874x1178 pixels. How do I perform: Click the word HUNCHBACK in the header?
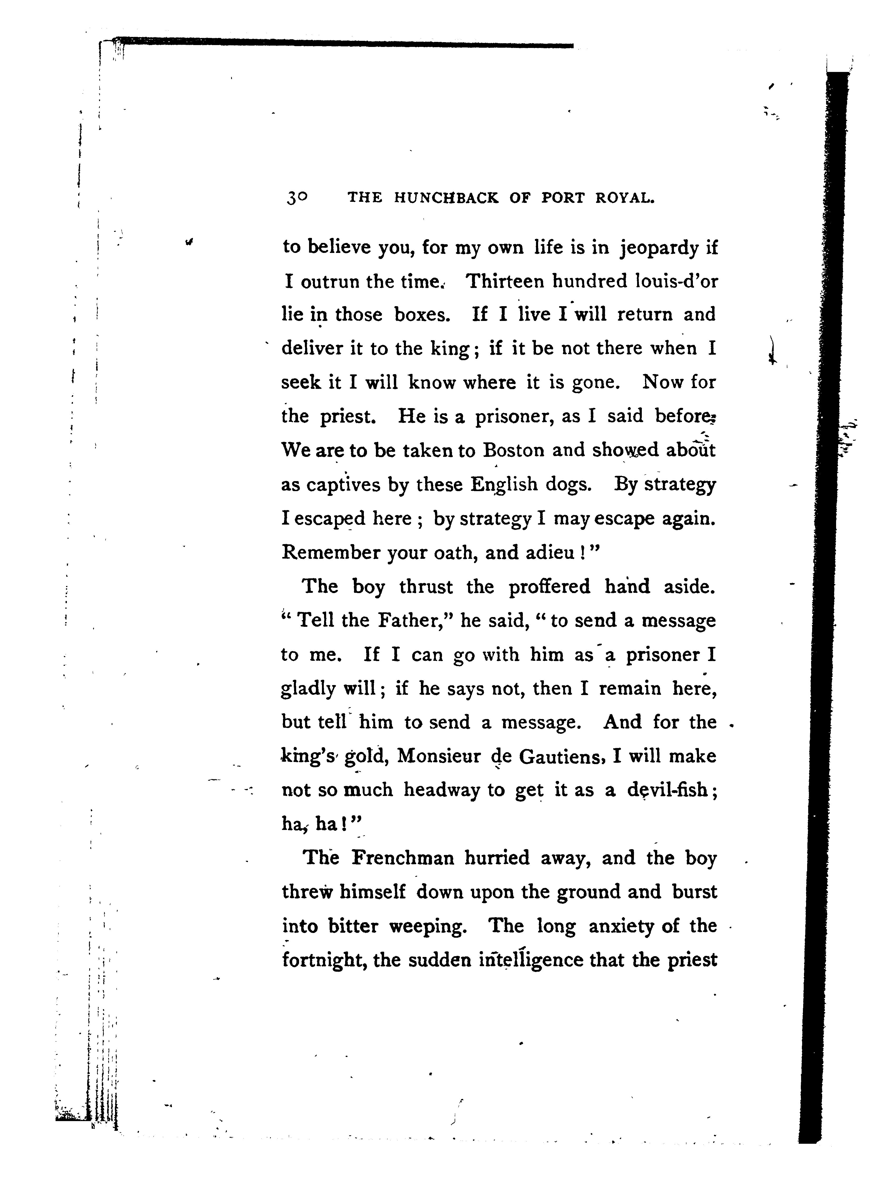coord(446,198)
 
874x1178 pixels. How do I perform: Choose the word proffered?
coord(549,586)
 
